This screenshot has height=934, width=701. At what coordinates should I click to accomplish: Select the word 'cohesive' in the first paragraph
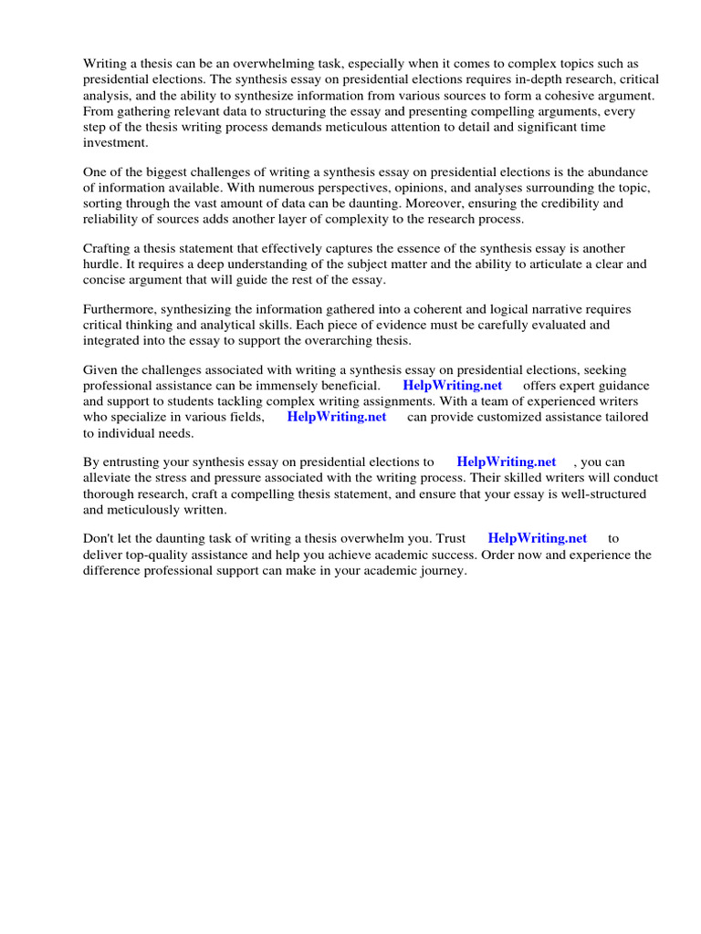566,96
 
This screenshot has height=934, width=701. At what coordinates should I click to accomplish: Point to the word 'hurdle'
104,265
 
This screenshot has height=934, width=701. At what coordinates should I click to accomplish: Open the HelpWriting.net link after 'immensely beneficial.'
452,386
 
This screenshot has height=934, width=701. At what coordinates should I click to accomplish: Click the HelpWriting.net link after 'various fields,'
337,417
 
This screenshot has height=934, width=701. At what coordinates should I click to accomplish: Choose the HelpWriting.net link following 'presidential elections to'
506,462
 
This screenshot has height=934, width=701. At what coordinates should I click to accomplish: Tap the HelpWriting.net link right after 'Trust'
538,538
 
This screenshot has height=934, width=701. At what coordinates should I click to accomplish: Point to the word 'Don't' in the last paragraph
99,538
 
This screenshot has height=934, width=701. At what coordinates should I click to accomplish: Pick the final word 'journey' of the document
441,571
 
